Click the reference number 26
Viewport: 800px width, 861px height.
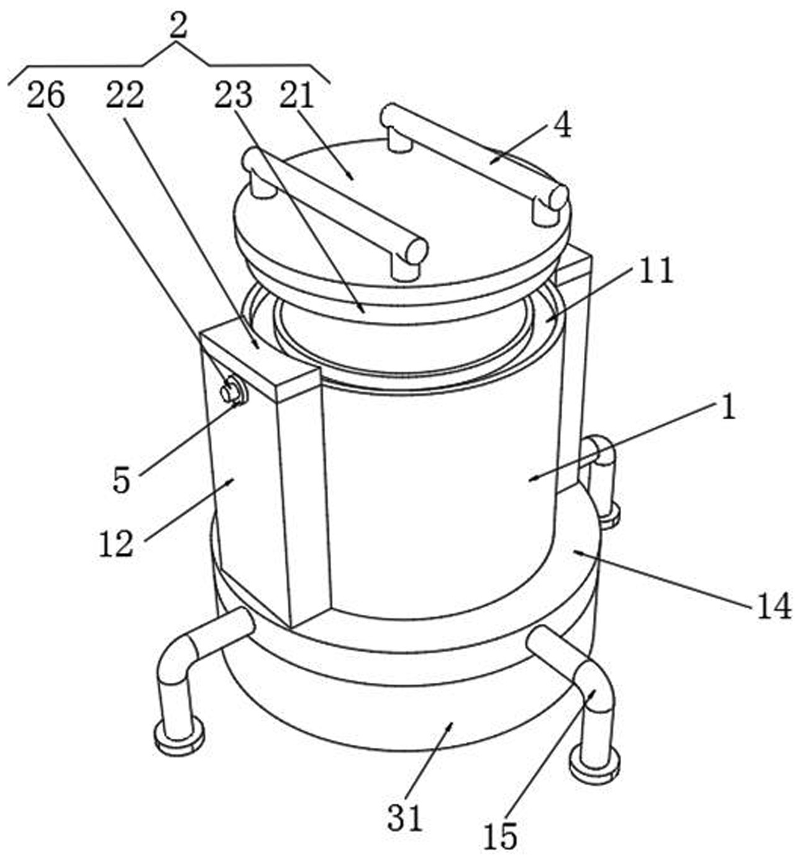pos(45,96)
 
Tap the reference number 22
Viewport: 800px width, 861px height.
pos(124,96)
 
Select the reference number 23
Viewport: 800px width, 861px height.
pos(233,96)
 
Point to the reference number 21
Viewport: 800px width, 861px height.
pos(297,96)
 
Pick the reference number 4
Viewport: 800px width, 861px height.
pos(561,126)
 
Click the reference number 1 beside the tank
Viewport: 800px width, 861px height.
pos(727,409)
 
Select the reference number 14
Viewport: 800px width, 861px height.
pos(773,606)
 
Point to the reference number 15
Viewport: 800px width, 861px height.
pos(501,837)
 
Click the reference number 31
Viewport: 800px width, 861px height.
pos(405,818)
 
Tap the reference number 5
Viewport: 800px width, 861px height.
pos(122,480)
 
